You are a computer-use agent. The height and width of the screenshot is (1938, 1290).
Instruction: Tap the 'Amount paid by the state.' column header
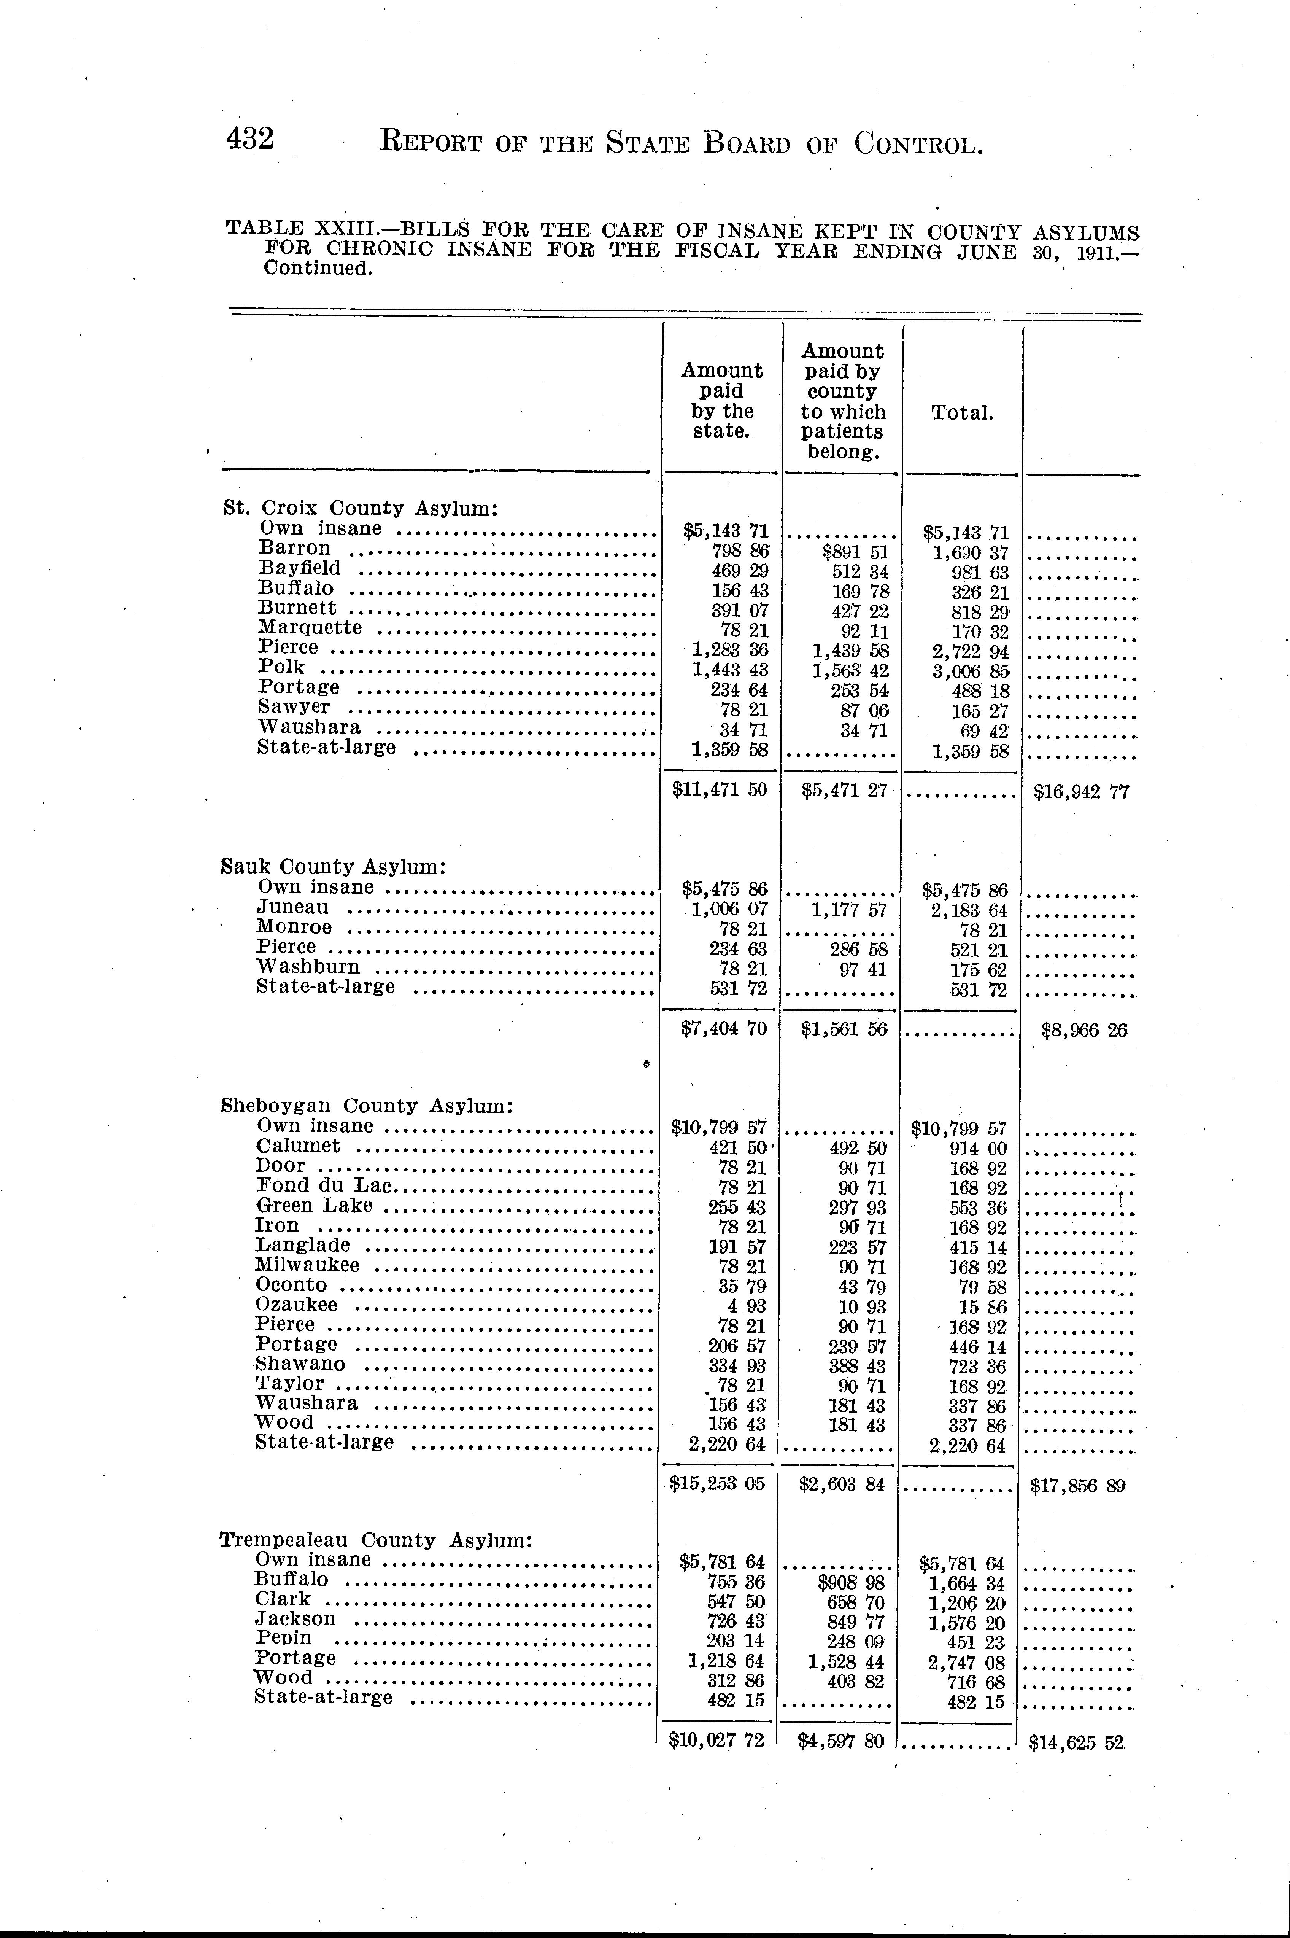721,401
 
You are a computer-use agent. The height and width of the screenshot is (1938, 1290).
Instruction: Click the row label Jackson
295,1619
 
